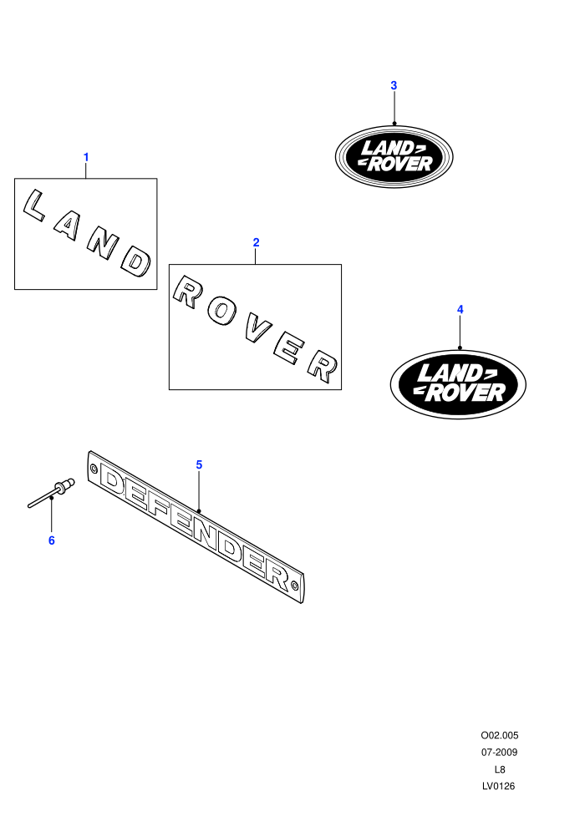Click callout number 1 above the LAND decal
86,157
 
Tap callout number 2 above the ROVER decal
256,242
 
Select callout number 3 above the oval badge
394,85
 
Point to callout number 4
460,310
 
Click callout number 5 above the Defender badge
199,464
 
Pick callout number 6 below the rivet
52,540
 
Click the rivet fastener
51,493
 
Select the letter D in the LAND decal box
136,262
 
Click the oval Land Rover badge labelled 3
394,156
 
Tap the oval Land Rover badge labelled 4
458,384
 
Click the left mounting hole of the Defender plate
94,468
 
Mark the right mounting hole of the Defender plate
294,586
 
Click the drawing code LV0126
498,786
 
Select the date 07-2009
499,752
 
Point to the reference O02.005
499,735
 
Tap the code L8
499,769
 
